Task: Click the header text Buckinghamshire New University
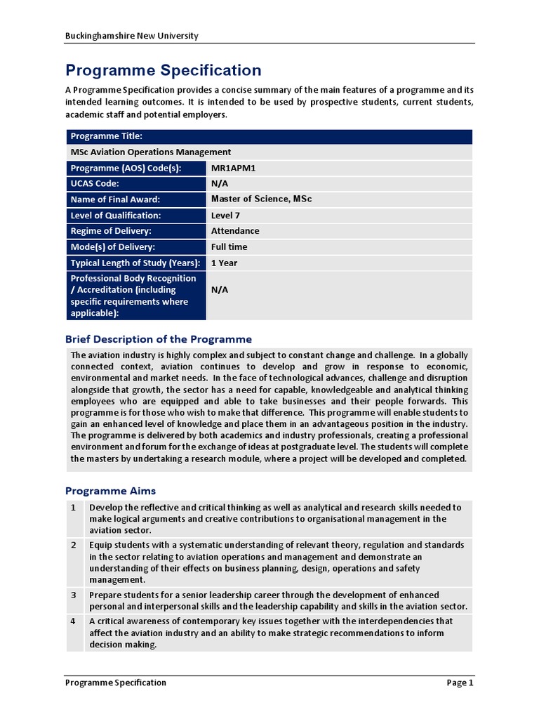pyautogui.click(x=132, y=36)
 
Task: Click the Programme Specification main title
pyautogui.click(x=164, y=70)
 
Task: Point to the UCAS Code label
pyautogui.click(x=95, y=183)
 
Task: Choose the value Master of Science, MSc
pyautogui.click(x=261, y=199)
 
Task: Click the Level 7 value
pyautogui.click(x=225, y=216)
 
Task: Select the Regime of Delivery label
pyautogui.click(x=111, y=231)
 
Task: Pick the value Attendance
pyautogui.click(x=235, y=231)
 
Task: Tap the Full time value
pyautogui.click(x=229, y=247)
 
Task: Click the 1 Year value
pyautogui.click(x=224, y=263)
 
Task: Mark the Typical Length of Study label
pyautogui.click(x=135, y=263)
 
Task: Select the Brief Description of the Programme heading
pyautogui.click(x=159, y=339)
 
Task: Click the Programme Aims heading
pyautogui.click(x=111, y=491)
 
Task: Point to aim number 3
pyautogui.click(x=73, y=595)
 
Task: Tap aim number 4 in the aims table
pyautogui.click(x=73, y=621)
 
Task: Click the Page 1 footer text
pyautogui.click(x=460, y=682)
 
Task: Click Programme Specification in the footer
pyautogui.click(x=116, y=682)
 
